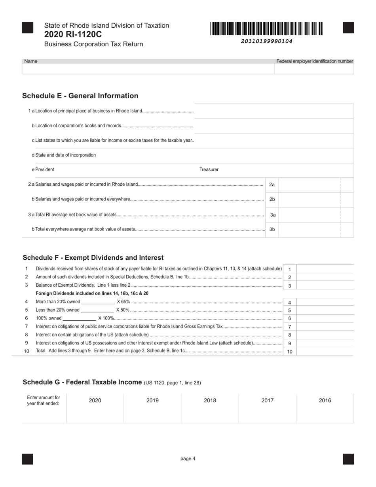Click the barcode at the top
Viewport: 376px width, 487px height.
[266, 29]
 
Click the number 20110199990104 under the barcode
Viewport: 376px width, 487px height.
[266, 41]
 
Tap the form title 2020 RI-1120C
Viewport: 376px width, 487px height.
[73, 34]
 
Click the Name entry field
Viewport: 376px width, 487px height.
[148, 69]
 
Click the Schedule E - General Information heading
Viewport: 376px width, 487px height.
[80, 96]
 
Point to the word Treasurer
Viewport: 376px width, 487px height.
[209, 169]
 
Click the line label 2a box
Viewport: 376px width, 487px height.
[272, 185]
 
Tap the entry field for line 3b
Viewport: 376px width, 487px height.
[310, 229]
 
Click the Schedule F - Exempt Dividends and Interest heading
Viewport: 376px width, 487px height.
[93, 258]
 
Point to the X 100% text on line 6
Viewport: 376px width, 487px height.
[106, 318]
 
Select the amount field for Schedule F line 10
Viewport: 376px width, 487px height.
[325, 351]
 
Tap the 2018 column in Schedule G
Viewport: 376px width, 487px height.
[210, 408]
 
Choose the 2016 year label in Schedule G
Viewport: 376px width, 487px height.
[325, 401]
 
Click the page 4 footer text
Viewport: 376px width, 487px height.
[188, 459]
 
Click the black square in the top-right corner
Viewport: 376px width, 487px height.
[348, 28]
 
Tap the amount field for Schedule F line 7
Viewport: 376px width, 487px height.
[325, 327]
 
